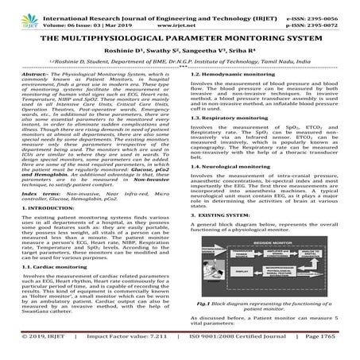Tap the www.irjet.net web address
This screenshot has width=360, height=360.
pyautogui.click(x=180, y=21)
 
